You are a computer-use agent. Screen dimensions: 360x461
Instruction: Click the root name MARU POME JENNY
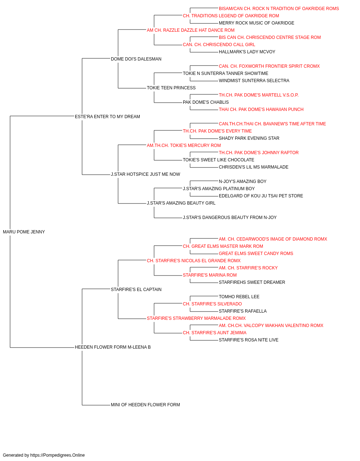pyautogui.click(x=24, y=232)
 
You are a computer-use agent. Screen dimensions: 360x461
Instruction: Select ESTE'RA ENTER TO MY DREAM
pyautogui.click(x=107, y=116)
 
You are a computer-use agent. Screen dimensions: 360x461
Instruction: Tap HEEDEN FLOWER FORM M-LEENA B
pyautogui.click(x=113, y=347)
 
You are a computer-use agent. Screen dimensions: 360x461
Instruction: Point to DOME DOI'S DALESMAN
pyautogui.click(x=136, y=59)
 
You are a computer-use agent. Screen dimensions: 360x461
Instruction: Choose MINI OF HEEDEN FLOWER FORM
pyautogui.click(x=145, y=404)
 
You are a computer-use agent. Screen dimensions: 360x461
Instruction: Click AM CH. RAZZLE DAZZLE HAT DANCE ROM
pyautogui.click(x=190, y=30)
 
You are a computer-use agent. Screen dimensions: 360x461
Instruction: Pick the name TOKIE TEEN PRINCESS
pyautogui.click(x=171, y=88)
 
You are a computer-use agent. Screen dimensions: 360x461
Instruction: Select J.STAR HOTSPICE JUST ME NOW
pyautogui.click(x=145, y=174)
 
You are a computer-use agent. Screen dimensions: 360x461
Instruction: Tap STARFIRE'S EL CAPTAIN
pyautogui.click(x=136, y=289)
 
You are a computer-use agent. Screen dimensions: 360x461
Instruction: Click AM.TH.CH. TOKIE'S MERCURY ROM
pyautogui.click(x=184, y=145)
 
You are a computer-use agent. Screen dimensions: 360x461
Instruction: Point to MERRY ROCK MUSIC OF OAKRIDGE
pyautogui.click(x=256, y=23)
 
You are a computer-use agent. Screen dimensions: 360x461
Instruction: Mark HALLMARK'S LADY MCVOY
pyautogui.click(x=247, y=52)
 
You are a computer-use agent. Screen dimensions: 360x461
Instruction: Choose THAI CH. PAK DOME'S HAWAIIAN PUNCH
pyautogui.click(x=261, y=109)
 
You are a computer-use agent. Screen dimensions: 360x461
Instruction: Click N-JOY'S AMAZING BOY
pyautogui.click(x=242, y=182)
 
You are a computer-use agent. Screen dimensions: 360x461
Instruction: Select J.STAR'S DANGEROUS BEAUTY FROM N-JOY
pyautogui.click(x=230, y=218)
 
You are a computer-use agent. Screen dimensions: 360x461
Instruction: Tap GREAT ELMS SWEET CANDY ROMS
pyautogui.click(x=256, y=253)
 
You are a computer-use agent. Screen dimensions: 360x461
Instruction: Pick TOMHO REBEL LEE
pyautogui.click(x=239, y=296)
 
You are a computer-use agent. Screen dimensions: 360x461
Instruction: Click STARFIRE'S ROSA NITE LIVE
pyautogui.click(x=248, y=340)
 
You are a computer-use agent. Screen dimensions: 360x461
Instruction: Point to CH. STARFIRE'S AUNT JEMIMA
pyautogui.click(x=215, y=333)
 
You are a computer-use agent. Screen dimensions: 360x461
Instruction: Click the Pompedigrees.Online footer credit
pyautogui.click(x=44, y=455)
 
